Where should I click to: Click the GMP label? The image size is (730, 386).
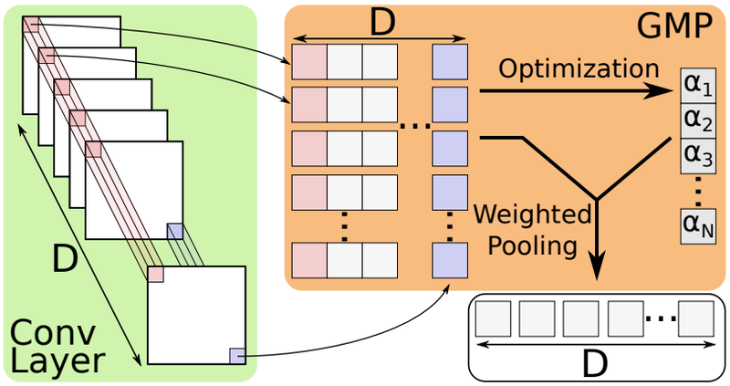click(x=673, y=26)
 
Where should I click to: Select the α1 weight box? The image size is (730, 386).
click(x=696, y=86)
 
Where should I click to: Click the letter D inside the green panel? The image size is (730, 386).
click(x=64, y=259)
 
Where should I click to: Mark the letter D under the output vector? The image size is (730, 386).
click(x=594, y=363)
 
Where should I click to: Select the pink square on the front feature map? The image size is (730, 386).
click(x=156, y=274)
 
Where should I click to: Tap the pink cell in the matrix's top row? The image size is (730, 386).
click(x=309, y=61)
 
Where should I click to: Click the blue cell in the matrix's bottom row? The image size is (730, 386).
click(x=449, y=260)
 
